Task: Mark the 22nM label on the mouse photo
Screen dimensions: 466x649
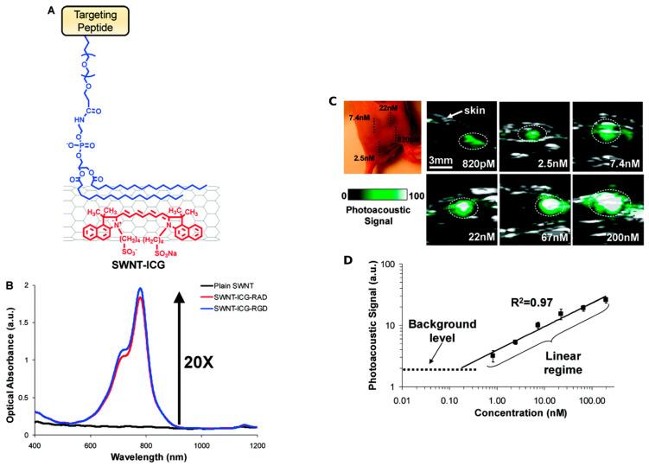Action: click(395, 108)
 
